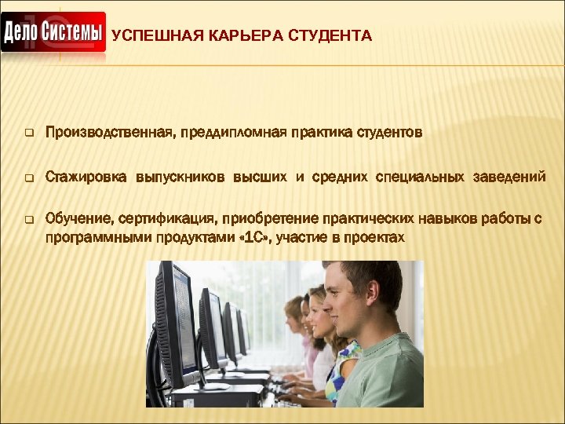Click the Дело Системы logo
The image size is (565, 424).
coord(53,33)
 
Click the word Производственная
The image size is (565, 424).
coord(109,133)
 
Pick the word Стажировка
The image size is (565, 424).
coord(86,177)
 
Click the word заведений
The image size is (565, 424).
coord(509,177)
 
